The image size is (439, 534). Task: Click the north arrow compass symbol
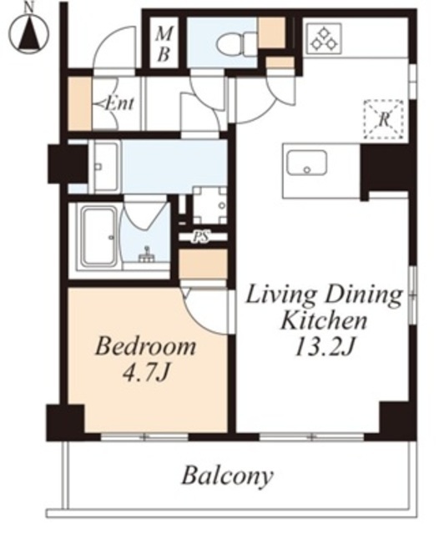coord(28,33)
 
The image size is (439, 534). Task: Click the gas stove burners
coord(324,38)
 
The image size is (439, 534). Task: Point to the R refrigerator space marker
coord(384,119)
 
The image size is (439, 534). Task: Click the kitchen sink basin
coord(307,163)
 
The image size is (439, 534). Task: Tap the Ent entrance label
coord(119,103)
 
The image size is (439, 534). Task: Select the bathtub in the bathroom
coord(98,236)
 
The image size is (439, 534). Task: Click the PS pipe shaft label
coord(201,237)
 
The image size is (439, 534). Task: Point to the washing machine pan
coord(209,205)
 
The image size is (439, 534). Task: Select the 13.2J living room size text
coord(325,347)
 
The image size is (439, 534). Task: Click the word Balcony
coord(228,476)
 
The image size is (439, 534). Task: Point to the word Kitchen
coord(324,320)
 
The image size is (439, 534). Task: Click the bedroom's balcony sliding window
coord(144,437)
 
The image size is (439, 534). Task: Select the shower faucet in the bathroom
coord(147,255)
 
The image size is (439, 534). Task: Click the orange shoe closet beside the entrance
coord(80,103)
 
